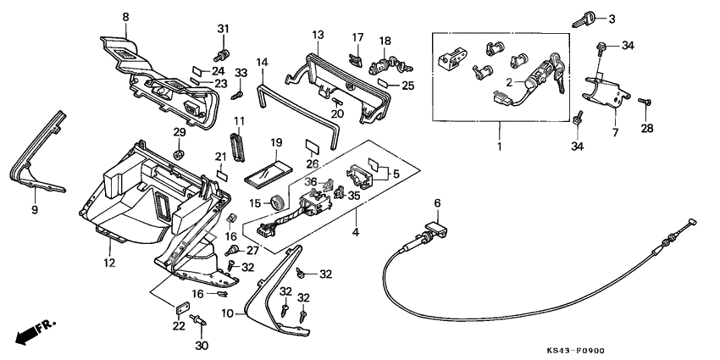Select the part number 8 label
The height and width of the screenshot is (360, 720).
tap(125, 17)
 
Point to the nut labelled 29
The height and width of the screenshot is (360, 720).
tap(179, 153)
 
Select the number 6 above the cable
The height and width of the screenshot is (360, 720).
tap(438, 203)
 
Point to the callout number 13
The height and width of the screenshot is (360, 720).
tap(317, 35)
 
